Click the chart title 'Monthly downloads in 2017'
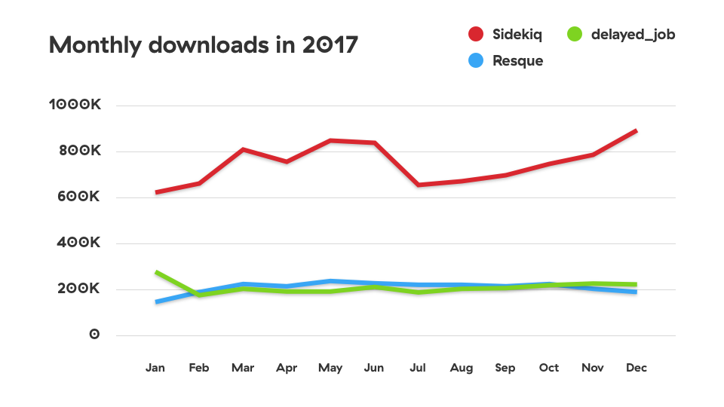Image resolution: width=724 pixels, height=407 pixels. pyautogui.click(x=203, y=45)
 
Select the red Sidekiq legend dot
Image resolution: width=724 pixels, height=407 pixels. pyautogui.click(x=476, y=35)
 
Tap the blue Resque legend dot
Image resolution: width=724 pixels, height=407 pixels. pyautogui.click(x=476, y=61)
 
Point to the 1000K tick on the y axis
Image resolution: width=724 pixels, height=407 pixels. pyautogui.click(x=75, y=106)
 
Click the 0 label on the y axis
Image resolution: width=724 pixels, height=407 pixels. pyautogui.click(x=94, y=335)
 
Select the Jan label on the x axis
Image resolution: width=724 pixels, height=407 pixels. pyautogui.click(x=155, y=368)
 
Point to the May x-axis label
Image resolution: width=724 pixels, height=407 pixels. pyautogui.click(x=330, y=368)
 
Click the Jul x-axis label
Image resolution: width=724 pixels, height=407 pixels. pyautogui.click(x=418, y=368)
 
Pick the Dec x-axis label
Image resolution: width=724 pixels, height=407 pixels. pyautogui.click(x=637, y=368)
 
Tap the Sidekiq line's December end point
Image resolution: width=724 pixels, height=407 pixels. pyautogui.click(x=637, y=131)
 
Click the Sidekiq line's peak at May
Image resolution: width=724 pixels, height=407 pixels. pyautogui.click(x=330, y=140)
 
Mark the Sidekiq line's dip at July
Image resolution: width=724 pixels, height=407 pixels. pyautogui.click(x=418, y=185)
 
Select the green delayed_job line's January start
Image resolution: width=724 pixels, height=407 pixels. pyautogui.click(x=156, y=272)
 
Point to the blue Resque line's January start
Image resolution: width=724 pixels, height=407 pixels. pyautogui.click(x=156, y=302)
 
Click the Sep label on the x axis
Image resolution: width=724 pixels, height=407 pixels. pyautogui.click(x=505, y=368)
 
